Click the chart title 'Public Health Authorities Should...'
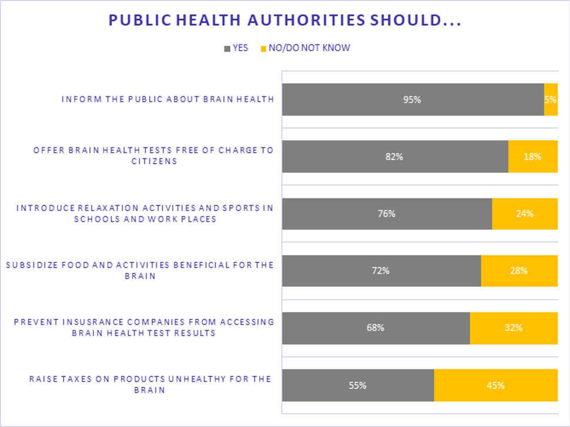[x=284, y=20]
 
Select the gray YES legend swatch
[x=227, y=49]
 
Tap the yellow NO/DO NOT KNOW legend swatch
[x=263, y=49]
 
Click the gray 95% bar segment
[x=413, y=99]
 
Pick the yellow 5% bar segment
[x=551, y=99]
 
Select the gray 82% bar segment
[x=395, y=157]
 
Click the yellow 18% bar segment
[x=532, y=157]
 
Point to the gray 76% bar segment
[x=387, y=213]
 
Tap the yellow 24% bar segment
[x=524, y=213]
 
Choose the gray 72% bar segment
[x=381, y=270]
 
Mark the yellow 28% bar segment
[x=519, y=270]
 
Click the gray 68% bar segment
[x=375, y=328]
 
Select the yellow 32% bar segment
[x=514, y=328]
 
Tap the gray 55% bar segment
[x=358, y=385]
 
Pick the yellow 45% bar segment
[x=495, y=385]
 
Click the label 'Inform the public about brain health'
[x=167, y=99]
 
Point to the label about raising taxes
[x=150, y=384]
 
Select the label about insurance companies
[x=144, y=327]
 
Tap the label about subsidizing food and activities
[x=140, y=270]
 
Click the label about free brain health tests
[x=153, y=155]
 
